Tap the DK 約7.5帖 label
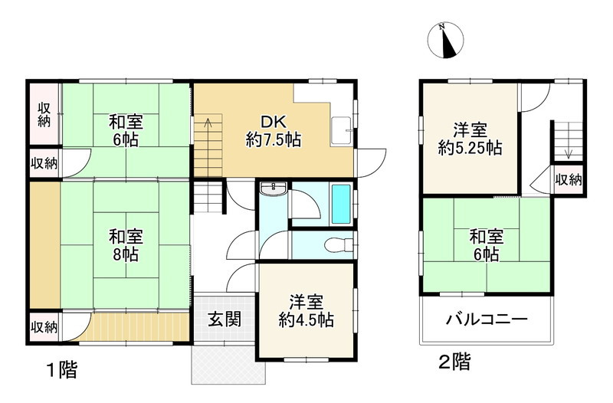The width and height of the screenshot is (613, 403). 273,131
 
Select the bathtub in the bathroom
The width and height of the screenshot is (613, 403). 341,205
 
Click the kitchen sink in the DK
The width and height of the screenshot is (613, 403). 341,132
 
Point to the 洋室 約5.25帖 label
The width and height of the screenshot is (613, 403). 470,139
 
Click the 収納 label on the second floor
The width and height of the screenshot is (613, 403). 568,180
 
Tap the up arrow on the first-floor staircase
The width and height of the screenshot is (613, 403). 205,123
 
